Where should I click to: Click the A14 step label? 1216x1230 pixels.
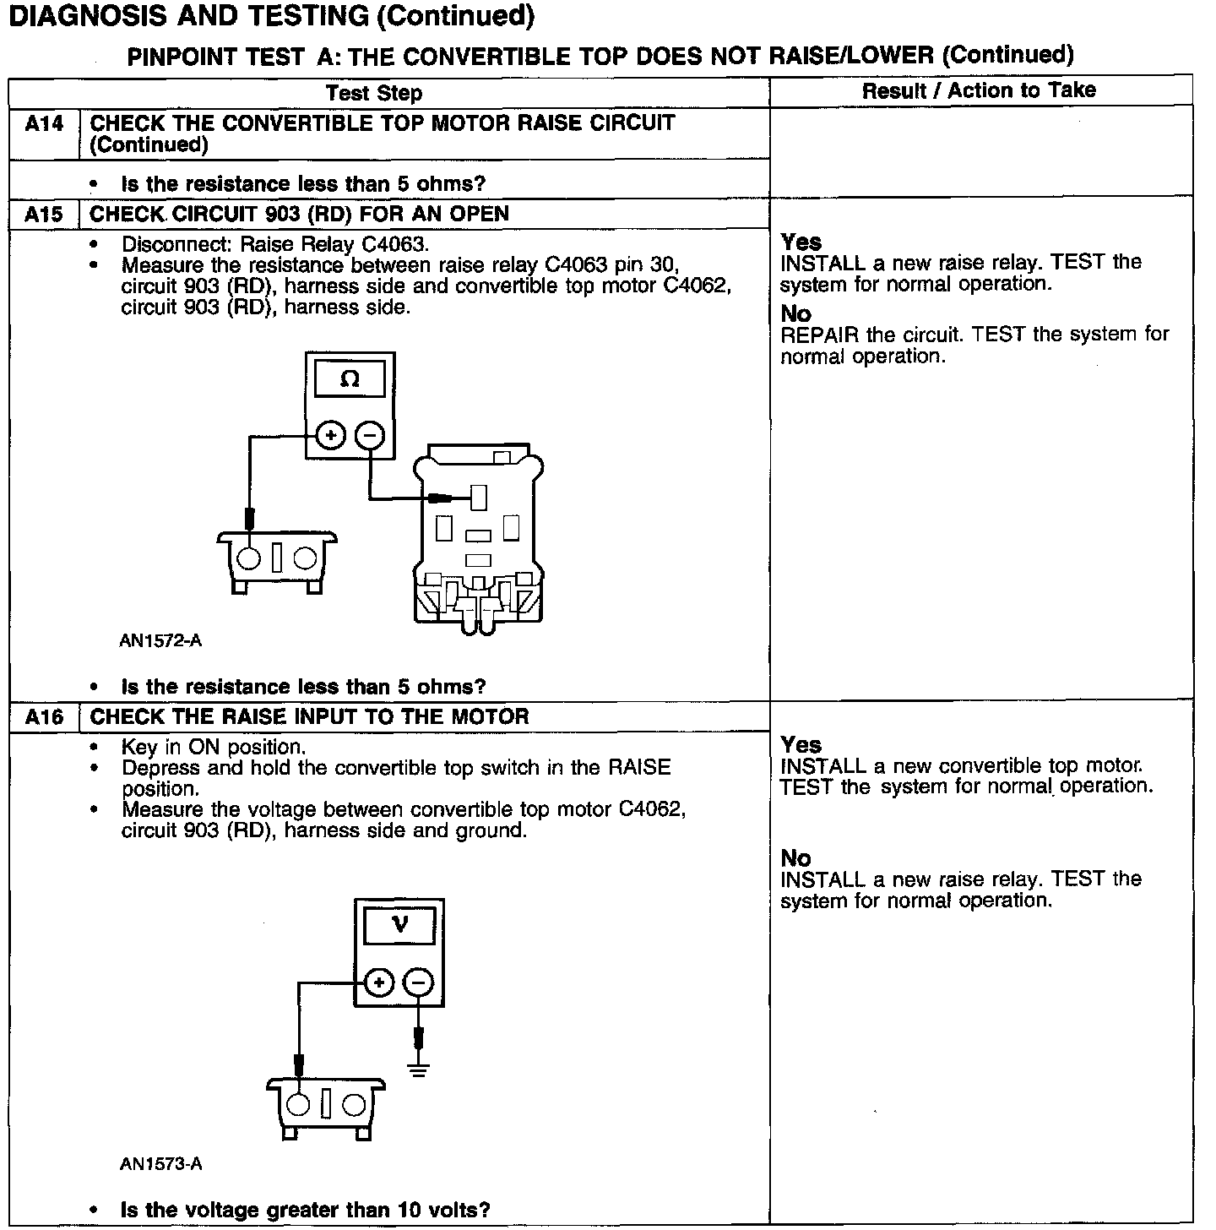pyautogui.click(x=44, y=124)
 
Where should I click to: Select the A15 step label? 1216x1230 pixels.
pyautogui.click(x=44, y=215)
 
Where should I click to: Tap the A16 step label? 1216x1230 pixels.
pyautogui.click(x=44, y=718)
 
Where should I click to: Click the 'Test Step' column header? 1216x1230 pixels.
pyautogui.click(x=374, y=93)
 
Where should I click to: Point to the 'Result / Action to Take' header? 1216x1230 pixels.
pyautogui.click(x=979, y=90)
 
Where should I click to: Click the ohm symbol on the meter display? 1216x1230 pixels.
pyautogui.click(x=350, y=380)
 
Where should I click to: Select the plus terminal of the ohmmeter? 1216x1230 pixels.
pyautogui.click(x=330, y=436)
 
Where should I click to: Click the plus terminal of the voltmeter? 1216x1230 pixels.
pyautogui.click(x=379, y=982)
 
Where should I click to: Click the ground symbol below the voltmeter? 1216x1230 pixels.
pyautogui.click(x=419, y=1069)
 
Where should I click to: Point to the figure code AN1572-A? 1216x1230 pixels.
pyautogui.click(x=160, y=640)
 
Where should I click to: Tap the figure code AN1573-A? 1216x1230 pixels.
pyautogui.click(x=160, y=1164)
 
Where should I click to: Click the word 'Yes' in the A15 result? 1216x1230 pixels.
pyautogui.click(x=801, y=242)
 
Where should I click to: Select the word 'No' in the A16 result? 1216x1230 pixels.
pyautogui.click(x=795, y=858)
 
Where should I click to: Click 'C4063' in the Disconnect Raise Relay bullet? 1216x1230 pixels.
pyautogui.click(x=394, y=245)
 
